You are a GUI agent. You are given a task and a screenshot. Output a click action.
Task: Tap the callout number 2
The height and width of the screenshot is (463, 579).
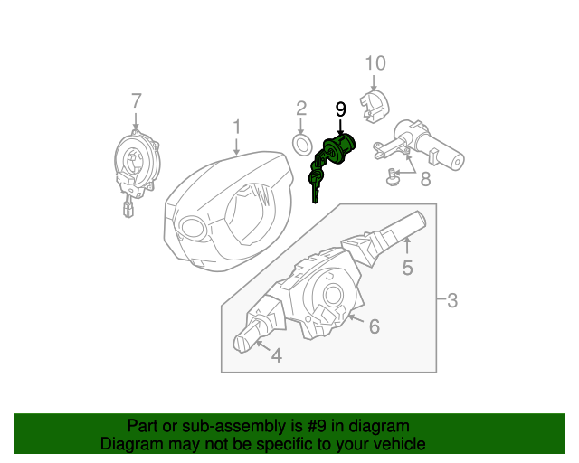pyautogui.click(x=302, y=109)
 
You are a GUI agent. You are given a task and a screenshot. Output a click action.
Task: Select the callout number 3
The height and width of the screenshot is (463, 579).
pyautogui.click(x=452, y=300)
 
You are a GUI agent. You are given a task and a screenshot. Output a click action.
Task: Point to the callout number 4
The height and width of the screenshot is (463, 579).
pyautogui.click(x=276, y=356)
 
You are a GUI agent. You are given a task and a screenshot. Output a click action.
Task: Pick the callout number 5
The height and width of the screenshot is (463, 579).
pyautogui.click(x=408, y=267)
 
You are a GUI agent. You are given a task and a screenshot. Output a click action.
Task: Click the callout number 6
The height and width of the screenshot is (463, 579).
pyautogui.click(x=373, y=326)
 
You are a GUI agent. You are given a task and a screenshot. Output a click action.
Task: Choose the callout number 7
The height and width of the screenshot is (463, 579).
pyautogui.click(x=136, y=99)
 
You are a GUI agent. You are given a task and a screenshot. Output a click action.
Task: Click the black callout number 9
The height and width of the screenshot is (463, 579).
pyautogui.click(x=341, y=109)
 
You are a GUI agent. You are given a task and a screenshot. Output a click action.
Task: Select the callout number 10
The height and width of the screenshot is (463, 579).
pyautogui.click(x=375, y=62)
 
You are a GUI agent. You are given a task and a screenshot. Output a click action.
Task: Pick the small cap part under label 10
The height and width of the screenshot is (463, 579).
pyautogui.click(x=374, y=103)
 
